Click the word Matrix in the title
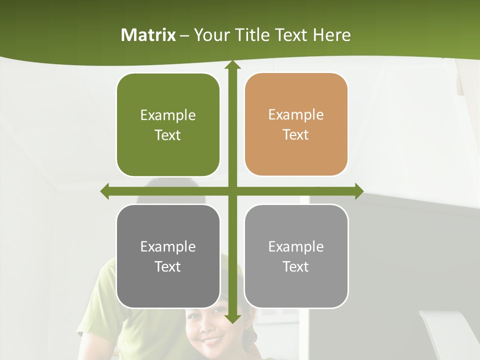[x=148, y=35]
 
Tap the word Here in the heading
[x=331, y=35]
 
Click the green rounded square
[x=168, y=125]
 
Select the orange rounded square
[x=296, y=124]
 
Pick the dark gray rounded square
[x=168, y=256]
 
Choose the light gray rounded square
[x=296, y=256]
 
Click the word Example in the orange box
[x=296, y=114]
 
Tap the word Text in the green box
[x=168, y=135]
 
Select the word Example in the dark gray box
[x=168, y=246]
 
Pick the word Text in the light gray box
[x=296, y=267]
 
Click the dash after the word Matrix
[x=184, y=35]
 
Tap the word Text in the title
[x=292, y=35]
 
